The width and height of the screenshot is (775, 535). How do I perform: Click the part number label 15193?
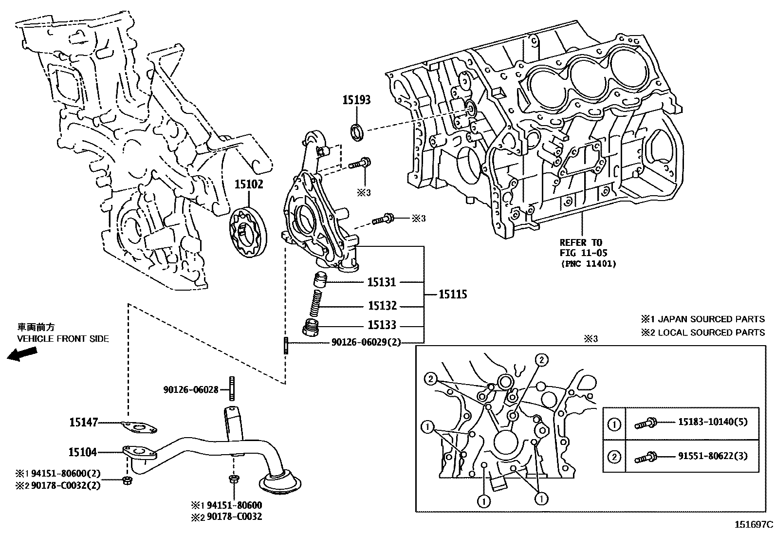point(356,100)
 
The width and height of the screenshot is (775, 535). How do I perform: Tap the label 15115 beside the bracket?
point(453,294)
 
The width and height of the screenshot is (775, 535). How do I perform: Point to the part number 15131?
point(382,282)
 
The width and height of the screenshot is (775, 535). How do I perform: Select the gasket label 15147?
point(83,423)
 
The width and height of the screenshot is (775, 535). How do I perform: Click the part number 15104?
point(82,452)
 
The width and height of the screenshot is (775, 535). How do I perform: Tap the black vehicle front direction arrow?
point(22,354)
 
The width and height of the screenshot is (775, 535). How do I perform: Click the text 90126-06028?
point(190,389)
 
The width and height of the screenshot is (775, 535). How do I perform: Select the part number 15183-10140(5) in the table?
point(712,422)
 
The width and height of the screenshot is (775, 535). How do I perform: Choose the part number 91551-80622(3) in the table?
point(712,456)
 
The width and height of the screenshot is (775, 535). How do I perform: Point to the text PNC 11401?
point(588,264)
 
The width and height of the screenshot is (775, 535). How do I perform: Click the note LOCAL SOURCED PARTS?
point(709,332)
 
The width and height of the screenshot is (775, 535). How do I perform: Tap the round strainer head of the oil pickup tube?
point(280,483)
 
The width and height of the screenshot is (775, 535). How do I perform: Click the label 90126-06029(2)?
point(366,342)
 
